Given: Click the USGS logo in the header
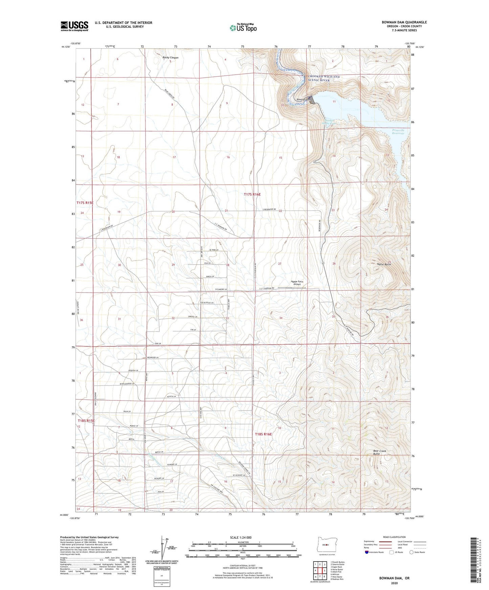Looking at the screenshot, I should tap(74, 26).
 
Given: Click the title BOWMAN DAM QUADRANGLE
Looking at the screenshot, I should tap(404, 22).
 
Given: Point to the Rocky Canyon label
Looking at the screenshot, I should tap(170, 58).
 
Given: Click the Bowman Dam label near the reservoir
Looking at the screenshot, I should tap(303, 100).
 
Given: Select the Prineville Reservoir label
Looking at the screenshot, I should tap(398, 132).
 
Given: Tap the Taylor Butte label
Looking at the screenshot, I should tap(384, 264).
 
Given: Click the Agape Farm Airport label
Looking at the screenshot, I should tap(297, 283).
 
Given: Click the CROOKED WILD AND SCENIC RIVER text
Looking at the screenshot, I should tap(323, 78).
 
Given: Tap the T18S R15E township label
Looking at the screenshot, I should tap(86, 421).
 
